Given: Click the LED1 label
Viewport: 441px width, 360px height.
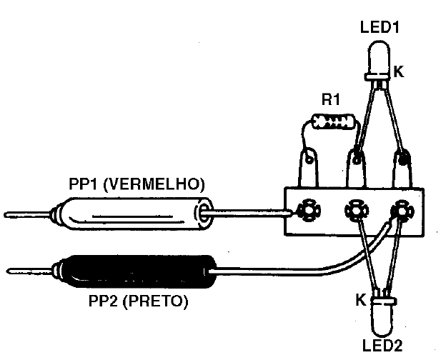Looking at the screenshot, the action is (x=380, y=28).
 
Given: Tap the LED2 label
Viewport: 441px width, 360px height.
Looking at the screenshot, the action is (x=382, y=346).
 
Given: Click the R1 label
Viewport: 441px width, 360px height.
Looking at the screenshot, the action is (x=331, y=99).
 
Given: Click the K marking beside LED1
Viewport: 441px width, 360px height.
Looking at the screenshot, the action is (x=399, y=71).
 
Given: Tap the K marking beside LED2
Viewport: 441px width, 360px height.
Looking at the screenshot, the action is (x=361, y=299).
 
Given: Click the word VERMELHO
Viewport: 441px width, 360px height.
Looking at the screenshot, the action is (x=154, y=184).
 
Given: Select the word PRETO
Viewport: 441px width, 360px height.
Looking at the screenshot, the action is (x=156, y=301).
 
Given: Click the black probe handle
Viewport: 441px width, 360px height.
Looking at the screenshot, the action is (x=135, y=271).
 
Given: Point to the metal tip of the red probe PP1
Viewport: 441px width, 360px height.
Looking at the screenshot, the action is (x=27, y=215).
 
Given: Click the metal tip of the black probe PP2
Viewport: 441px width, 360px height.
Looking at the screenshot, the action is (x=29, y=271).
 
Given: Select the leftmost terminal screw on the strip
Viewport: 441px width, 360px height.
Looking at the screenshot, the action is (x=309, y=210).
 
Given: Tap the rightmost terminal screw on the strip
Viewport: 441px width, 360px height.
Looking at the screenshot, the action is (x=402, y=210).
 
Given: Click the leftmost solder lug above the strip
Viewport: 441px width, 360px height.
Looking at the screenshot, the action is (x=308, y=168).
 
